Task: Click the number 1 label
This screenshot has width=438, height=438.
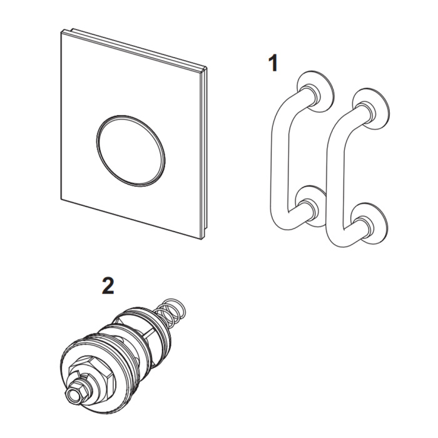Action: pyautogui.click(x=273, y=63)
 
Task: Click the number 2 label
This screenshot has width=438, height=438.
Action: pyautogui.click(x=108, y=286)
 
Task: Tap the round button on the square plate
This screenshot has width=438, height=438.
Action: pyautogui.click(x=131, y=151)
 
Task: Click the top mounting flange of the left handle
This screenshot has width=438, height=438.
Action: pyautogui.click(x=315, y=91)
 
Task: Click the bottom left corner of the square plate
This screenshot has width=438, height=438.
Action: pyautogui.click(x=61, y=200)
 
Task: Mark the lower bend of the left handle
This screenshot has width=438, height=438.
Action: pyautogui.click(x=283, y=221)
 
